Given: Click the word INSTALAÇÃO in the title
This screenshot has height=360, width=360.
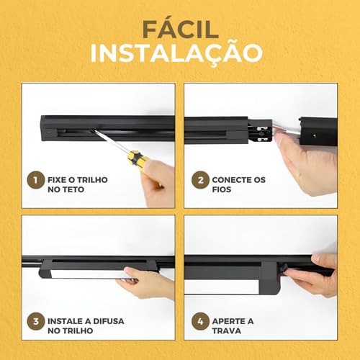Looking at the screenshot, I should (x=180, y=55).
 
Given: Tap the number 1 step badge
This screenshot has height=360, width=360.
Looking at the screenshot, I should (x=32, y=179).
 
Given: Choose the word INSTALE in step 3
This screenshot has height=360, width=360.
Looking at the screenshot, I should (x=70, y=320).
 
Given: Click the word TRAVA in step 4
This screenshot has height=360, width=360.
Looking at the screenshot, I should (x=227, y=333).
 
